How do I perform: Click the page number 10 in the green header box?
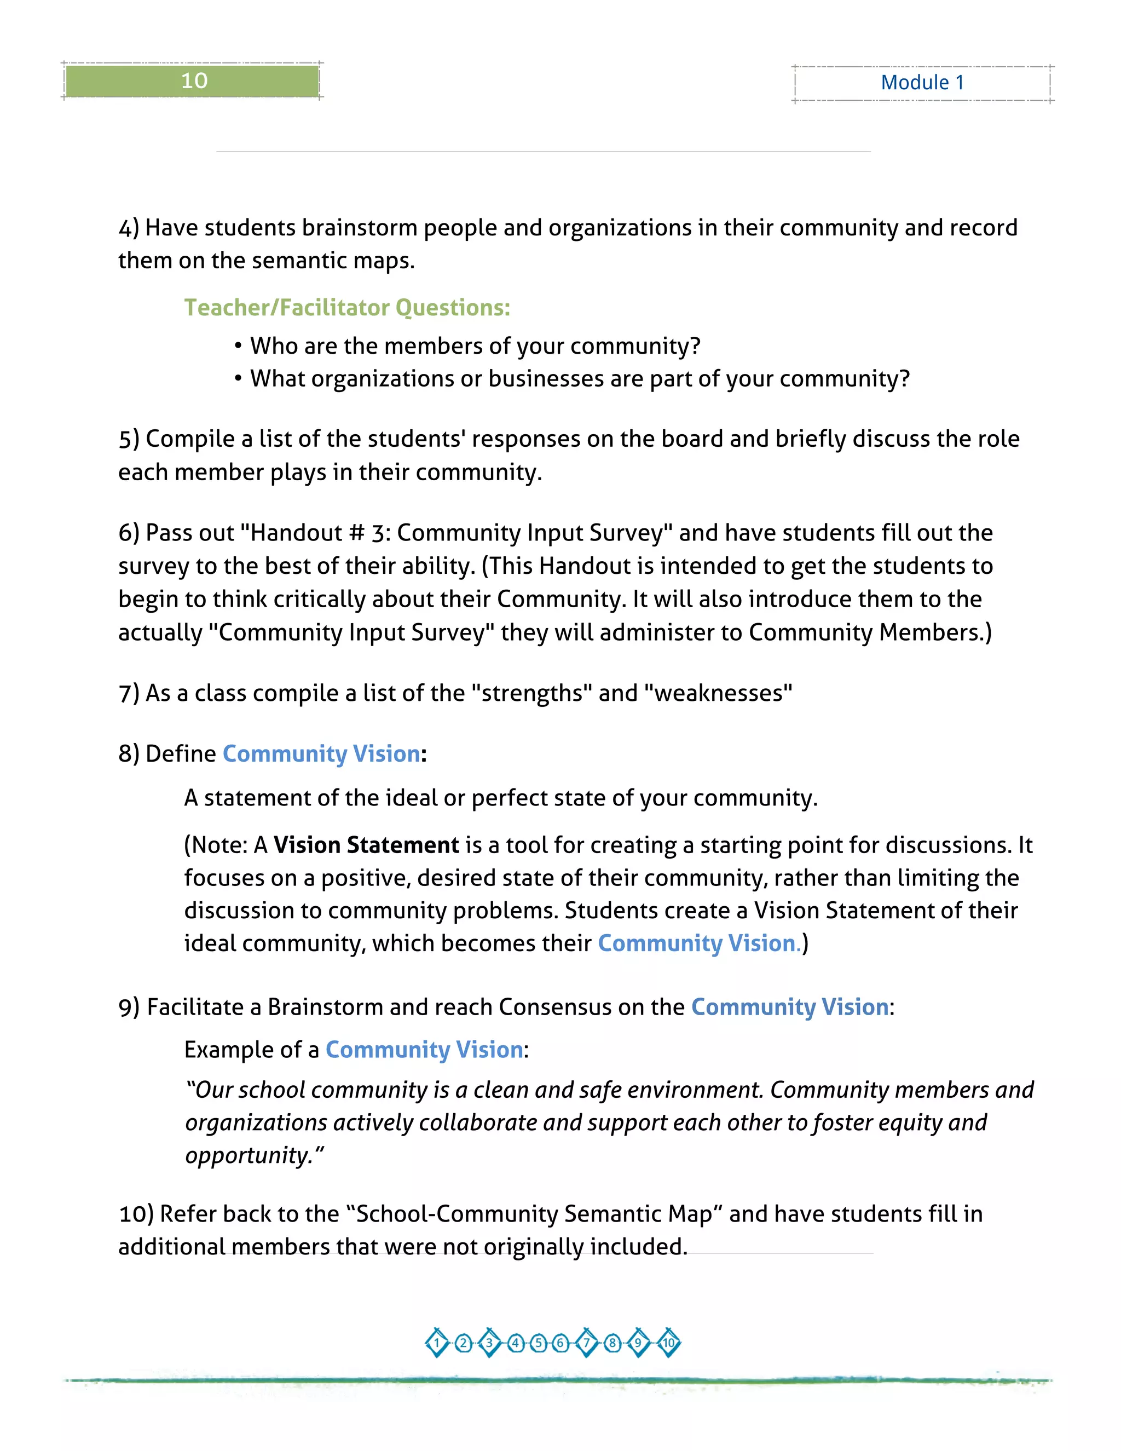pos(194,81)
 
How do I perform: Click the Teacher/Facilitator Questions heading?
pos(346,308)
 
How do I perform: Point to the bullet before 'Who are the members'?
pos(238,346)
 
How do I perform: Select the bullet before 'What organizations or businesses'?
pos(238,379)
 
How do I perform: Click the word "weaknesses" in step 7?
pos(719,693)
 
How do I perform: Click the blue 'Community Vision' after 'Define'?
pos(321,754)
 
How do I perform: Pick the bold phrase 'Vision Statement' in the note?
pos(366,845)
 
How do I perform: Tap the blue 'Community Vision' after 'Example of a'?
pos(424,1050)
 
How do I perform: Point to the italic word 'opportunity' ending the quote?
pos(249,1155)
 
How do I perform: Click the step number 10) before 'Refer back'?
pos(136,1214)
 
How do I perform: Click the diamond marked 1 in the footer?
pos(437,1343)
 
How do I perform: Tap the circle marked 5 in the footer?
pos(539,1343)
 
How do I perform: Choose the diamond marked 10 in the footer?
pos(668,1343)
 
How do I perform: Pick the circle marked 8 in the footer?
pos(612,1343)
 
